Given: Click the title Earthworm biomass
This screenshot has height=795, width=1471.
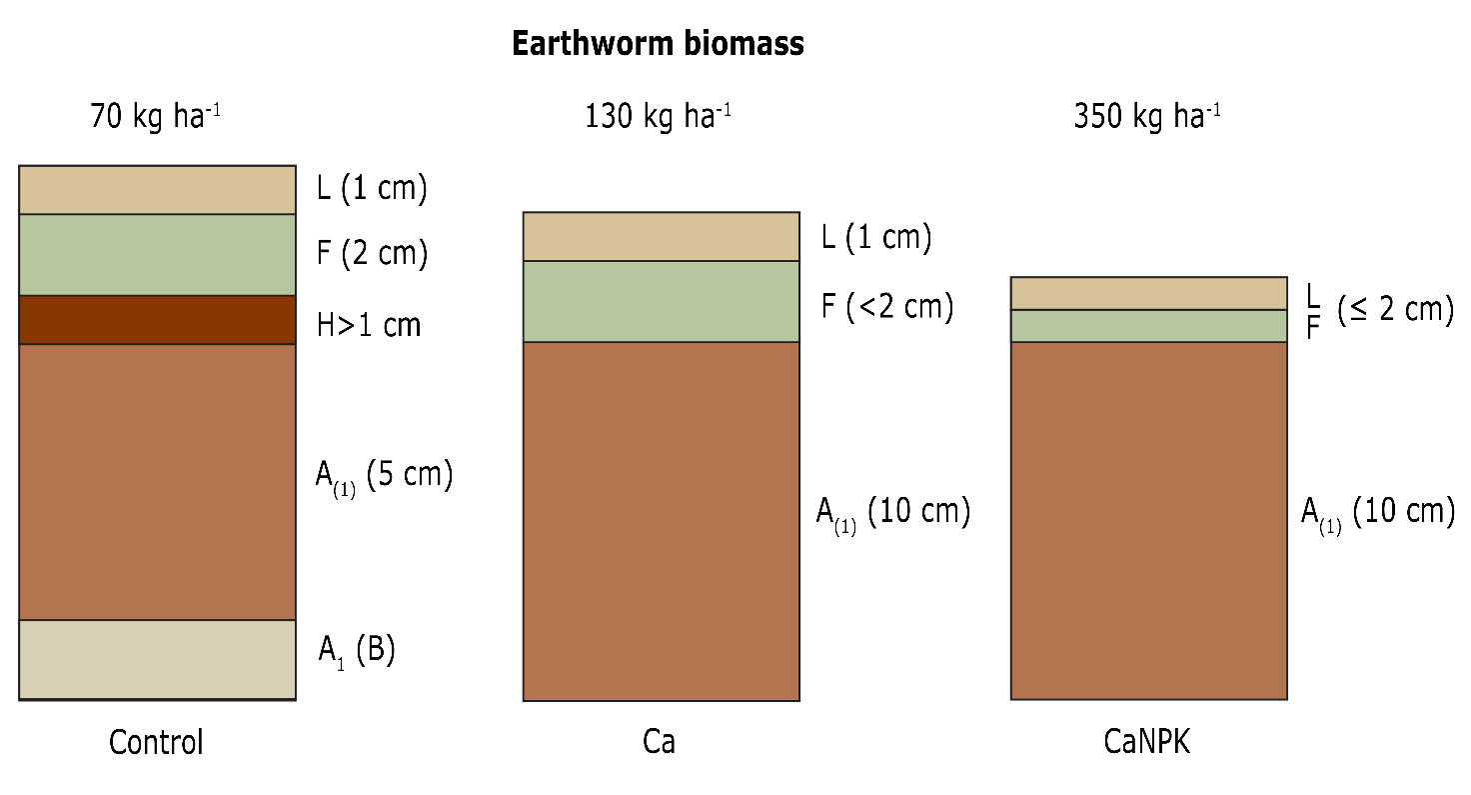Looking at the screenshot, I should tap(658, 45).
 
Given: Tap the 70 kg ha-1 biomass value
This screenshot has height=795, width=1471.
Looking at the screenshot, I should tap(155, 116).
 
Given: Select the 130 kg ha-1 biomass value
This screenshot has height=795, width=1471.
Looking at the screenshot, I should tap(658, 116).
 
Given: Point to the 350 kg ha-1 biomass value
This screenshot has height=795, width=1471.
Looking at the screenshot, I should tap(1146, 116).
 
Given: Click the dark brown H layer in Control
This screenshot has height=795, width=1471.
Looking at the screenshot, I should tap(157, 320).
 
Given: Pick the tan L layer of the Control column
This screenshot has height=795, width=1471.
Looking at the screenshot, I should tap(157, 190).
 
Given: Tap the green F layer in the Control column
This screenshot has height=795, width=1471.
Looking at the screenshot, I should tap(157, 255).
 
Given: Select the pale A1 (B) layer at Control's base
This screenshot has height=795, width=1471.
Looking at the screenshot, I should tap(157, 659).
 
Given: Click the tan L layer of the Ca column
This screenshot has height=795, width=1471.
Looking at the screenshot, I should tap(661, 237).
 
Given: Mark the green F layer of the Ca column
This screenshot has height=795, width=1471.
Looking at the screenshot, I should tap(661, 301).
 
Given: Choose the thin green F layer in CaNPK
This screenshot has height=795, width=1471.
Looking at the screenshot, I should tap(1148, 326).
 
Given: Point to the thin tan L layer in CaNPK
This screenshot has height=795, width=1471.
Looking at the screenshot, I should tap(1148, 294).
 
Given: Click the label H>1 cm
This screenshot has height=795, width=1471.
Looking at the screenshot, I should tap(369, 325).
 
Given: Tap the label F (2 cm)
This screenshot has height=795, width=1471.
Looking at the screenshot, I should tap(372, 254).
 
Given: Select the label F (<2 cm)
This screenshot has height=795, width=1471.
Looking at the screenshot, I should tap(887, 306).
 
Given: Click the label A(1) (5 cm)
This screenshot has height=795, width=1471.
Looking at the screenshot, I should tap(384, 476).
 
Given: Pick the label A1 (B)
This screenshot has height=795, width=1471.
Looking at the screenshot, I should tap(357, 651).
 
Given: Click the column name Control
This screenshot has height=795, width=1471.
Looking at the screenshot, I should tap(156, 743).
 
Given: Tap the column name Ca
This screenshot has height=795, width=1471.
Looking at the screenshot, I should tap(659, 743).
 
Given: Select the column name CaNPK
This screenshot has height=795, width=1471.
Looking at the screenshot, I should tap(1147, 743).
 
